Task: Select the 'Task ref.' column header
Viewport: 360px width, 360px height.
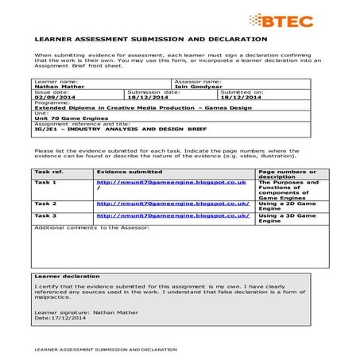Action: [x=48, y=171]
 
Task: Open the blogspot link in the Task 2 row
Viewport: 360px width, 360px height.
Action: [x=172, y=203]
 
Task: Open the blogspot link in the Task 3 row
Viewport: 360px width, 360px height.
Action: [x=172, y=215]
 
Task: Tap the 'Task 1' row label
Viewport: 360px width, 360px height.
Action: [x=45, y=182]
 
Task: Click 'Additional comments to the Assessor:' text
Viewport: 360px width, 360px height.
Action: [x=87, y=227]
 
